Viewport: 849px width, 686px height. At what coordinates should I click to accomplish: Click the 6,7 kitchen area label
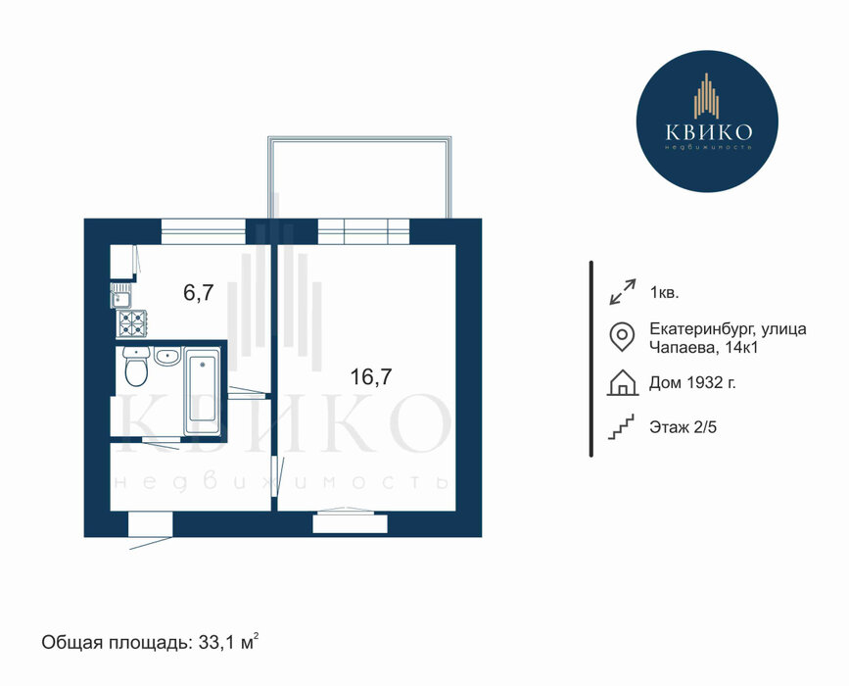coord(199,293)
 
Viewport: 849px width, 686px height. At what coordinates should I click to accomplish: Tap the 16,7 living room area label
coord(371,376)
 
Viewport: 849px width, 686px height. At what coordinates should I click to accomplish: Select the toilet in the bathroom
coord(136,367)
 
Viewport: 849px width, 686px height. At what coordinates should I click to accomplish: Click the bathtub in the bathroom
coord(202,391)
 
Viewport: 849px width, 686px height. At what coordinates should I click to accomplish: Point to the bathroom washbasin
coord(167,357)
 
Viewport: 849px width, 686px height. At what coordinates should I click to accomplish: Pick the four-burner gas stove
coord(131,323)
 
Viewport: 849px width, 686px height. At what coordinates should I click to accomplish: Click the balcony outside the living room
coord(359,177)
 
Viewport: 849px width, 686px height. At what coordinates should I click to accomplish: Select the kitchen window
coord(204,231)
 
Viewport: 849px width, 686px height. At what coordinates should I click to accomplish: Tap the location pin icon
coord(622,336)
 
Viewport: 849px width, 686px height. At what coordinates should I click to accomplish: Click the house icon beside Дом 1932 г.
coord(623,382)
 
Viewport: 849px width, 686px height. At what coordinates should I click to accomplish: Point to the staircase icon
coord(621,427)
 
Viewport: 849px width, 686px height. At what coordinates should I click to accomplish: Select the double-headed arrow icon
coord(622,292)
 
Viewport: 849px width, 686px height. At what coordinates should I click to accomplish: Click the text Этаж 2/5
coord(683,427)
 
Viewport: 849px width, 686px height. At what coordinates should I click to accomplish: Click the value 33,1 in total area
coord(218,643)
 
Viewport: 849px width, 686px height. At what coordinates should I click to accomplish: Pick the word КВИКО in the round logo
coord(708,131)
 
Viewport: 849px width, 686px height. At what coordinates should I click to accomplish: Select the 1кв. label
coord(664,293)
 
